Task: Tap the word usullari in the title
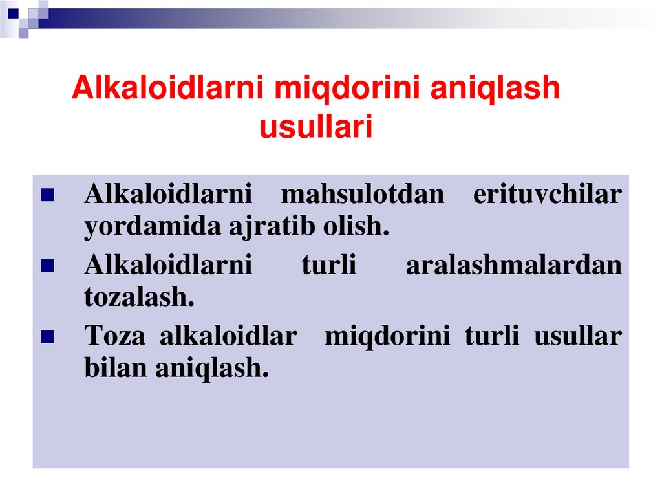[x=316, y=127]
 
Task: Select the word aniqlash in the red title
[x=495, y=89]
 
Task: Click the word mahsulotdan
[x=363, y=195]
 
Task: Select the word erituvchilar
[x=547, y=195]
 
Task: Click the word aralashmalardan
[x=514, y=266]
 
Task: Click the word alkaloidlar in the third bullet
[x=228, y=337]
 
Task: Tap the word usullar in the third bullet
[x=577, y=337]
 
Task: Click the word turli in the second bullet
[x=328, y=266]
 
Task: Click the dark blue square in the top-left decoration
[x=13, y=11]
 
